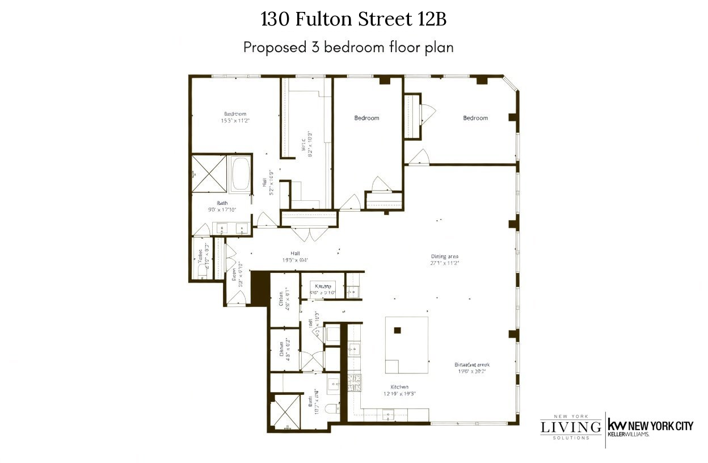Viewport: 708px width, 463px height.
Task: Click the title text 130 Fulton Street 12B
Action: [353, 19]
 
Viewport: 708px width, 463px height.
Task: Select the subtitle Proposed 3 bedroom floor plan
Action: [348, 47]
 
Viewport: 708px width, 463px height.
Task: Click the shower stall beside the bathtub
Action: [209, 173]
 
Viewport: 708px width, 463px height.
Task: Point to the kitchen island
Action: [406, 345]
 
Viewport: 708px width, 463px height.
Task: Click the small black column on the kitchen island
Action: [398, 330]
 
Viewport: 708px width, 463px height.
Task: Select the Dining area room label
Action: [444, 259]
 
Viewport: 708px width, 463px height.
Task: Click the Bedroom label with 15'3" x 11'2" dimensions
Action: [236, 116]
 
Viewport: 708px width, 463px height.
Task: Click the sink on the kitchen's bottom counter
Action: [389, 414]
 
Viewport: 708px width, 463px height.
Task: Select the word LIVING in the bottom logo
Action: [571, 427]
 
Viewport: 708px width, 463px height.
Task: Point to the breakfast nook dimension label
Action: [471, 368]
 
